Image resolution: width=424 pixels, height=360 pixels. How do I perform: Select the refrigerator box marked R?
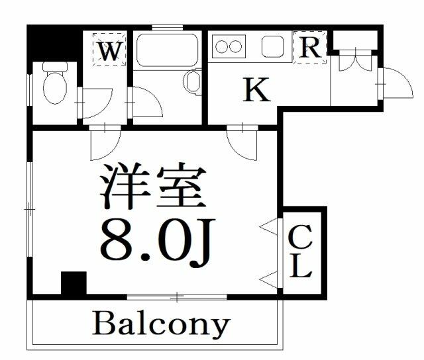point(310,48)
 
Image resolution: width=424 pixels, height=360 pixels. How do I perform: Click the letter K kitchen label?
point(257,91)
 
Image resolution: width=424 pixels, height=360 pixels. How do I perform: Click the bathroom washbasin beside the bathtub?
point(193,83)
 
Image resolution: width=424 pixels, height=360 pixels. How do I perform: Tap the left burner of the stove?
point(221,47)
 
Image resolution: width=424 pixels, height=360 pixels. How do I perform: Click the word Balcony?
point(161,324)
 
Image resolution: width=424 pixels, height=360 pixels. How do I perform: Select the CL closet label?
point(301,251)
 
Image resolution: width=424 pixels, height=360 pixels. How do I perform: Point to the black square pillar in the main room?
point(73,284)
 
